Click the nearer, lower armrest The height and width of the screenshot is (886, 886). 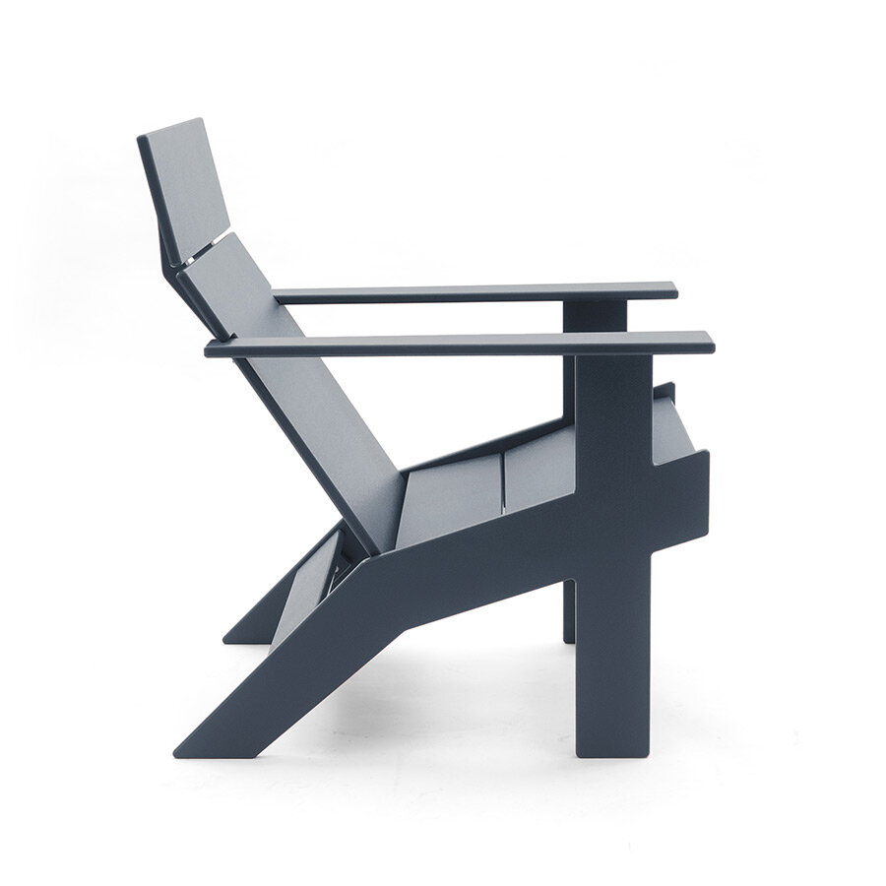tap(453, 346)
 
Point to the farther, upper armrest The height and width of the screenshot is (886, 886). tap(473, 292)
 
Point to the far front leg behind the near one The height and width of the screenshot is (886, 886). tap(568, 610)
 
